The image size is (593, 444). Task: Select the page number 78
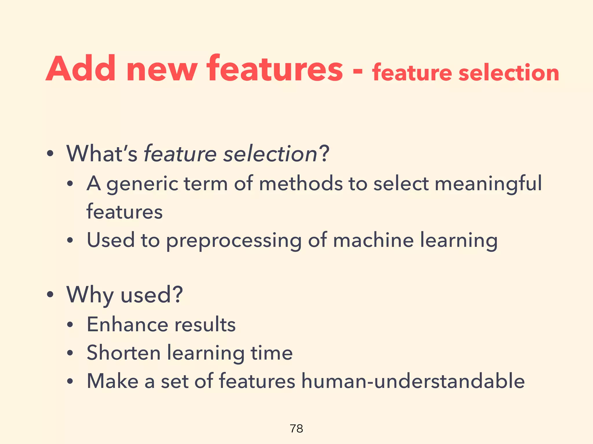(296, 428)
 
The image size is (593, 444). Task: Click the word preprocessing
(234, 241)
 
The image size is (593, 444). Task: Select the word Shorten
(124, 353)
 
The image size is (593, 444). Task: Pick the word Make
(113, 381)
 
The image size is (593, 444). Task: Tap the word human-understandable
(413, 381)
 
